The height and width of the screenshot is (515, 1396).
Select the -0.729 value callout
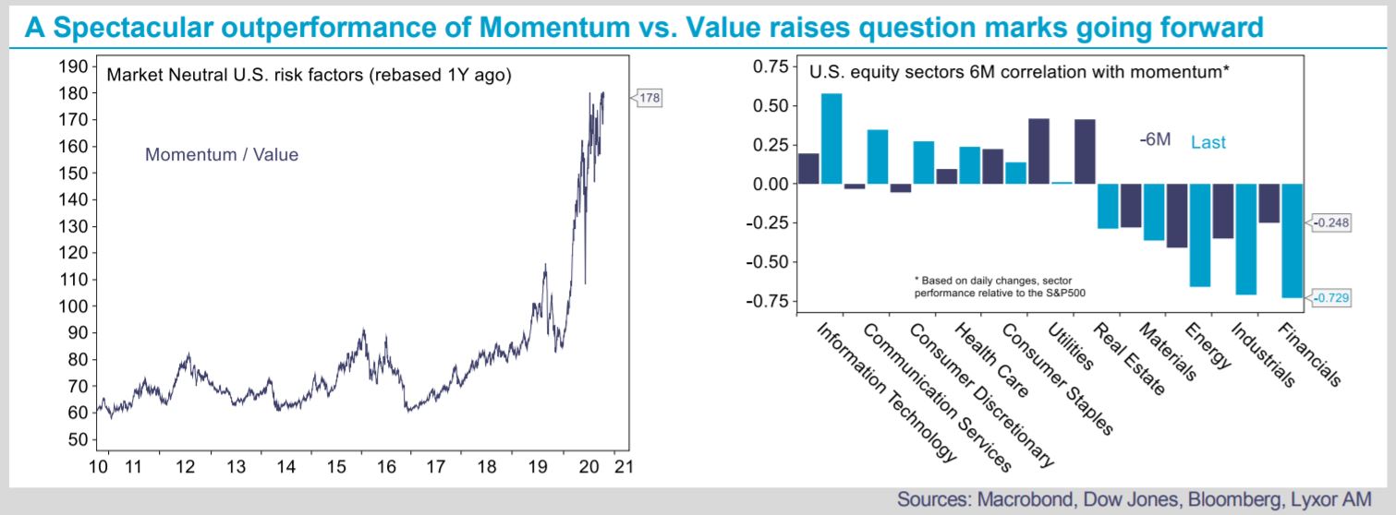pos(1329,298)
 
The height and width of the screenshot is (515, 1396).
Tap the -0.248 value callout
pos(1329,222)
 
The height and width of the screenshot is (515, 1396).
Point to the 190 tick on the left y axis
pos(73,66)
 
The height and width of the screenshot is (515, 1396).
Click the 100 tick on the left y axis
pos(73,306)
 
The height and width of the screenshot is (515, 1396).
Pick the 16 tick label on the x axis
pos(386,466)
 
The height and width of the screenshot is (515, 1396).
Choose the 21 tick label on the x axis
pos(624,466)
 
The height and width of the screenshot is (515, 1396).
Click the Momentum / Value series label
pos(222,154)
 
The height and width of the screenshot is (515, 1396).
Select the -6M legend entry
pos(1155,139)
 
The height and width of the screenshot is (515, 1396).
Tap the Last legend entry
pos(1208,143)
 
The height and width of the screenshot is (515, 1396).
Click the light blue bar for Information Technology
pos(832,138)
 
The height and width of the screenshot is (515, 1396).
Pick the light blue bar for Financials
pos(1292,240)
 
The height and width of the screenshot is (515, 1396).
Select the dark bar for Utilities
pos(1038,151)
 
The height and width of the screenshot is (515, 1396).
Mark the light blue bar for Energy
pos(1200,235)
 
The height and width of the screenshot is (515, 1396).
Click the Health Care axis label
pos(991,360)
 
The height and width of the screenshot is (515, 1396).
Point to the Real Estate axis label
pos(1129,359)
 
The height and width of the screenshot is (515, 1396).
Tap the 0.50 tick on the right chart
pos(771,106)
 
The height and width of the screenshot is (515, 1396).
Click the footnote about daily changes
pos(1000,286)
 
